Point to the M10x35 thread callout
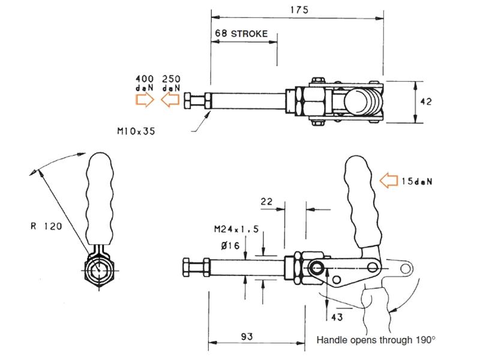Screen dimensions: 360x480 pos(136,129)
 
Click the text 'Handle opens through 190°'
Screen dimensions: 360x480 pos(376,340)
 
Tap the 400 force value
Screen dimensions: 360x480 pos(145,79)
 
